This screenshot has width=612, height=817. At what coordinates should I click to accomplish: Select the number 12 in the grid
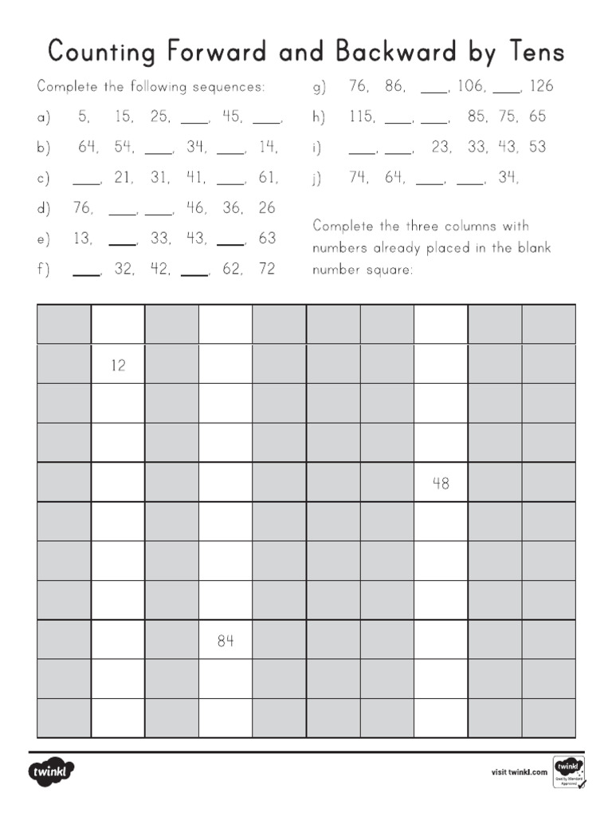[x=118, y=365]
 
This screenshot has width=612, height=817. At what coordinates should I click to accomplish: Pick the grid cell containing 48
[x=441, y=483]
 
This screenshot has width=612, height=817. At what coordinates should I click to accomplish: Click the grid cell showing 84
[x=226, y=640]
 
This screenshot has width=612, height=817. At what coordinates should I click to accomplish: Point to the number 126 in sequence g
[x=541, y=86]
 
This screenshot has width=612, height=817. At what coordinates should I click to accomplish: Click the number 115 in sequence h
[x=362, y=116]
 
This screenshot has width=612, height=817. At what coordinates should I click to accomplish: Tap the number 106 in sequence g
[x=470, y=86]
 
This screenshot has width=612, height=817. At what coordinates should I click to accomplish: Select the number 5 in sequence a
[x=83, y=116]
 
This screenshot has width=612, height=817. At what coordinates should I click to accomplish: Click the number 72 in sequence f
[x=267, y=269]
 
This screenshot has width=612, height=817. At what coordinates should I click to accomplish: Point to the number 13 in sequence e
[x=82, y=238]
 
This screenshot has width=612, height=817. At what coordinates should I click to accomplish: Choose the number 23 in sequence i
[x=441, y=147]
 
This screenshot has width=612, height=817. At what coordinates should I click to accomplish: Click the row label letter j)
[x=318, y=179]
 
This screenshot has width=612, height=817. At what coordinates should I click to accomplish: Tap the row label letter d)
[x=43, y=209]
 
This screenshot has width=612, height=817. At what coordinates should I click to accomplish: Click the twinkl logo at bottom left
[x=52, y=772]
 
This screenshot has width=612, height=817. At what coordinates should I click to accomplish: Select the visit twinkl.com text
[x=519, y=772]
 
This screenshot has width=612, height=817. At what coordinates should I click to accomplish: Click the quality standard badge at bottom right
[x=568, y=772]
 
